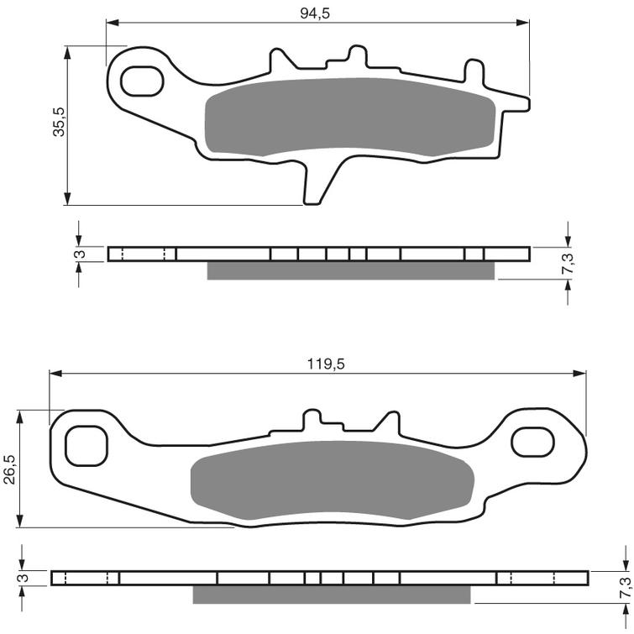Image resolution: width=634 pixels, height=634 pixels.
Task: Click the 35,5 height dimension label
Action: coord(59,126)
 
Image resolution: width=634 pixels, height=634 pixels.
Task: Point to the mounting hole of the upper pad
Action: coord(141,81)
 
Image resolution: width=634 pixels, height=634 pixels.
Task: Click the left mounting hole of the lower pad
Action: coord(86,443)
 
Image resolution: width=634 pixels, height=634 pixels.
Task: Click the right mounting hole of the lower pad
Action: coord(535,440)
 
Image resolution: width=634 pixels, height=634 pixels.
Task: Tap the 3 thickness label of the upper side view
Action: coord(77,254)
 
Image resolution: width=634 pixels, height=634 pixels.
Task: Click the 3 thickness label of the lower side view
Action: coord(22,578)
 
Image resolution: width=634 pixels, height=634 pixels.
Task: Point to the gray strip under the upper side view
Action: coord(350,270)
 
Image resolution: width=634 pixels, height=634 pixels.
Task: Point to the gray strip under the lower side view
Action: coord(332,595)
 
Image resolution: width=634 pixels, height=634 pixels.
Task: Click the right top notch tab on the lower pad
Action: coord(389,420)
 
